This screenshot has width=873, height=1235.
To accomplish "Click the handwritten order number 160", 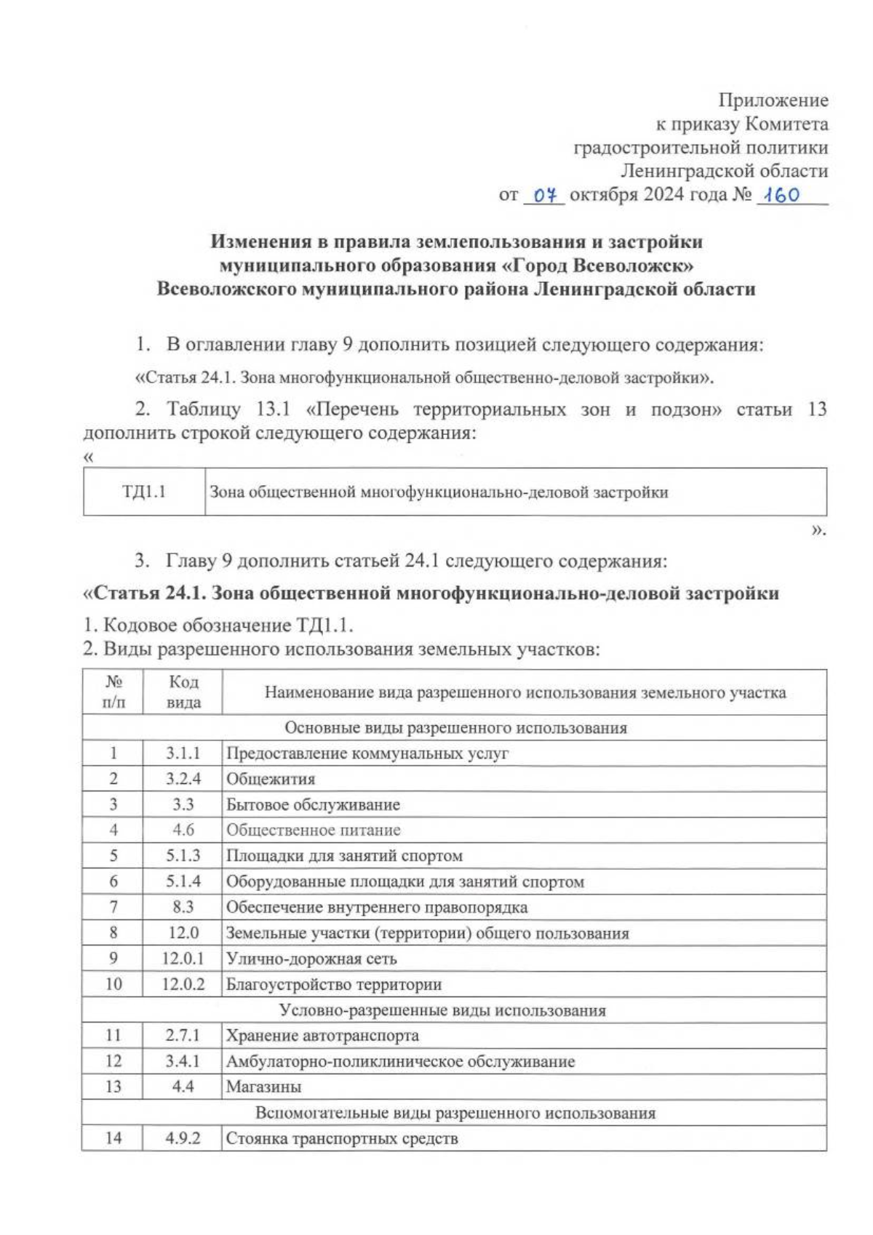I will [781, 195].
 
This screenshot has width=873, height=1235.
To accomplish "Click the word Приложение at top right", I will [773, 100].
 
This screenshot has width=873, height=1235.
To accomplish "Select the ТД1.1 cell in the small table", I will [144, 492].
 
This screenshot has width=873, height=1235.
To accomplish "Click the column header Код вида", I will [183, 692].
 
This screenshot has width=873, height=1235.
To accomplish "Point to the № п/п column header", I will [113, 692].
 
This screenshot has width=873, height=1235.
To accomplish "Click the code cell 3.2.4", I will [183, 779].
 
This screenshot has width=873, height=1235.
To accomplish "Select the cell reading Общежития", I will [271, 779].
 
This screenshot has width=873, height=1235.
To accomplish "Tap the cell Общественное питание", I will [313, 830].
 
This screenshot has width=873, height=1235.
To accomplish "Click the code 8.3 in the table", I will [183, 907].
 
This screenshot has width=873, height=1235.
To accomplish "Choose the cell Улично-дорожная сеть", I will [311, 959].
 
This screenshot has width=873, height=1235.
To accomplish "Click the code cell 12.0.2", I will [183, 984].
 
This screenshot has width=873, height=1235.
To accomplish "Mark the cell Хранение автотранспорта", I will [322, 1035].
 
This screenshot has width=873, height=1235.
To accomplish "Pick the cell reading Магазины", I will [264, 1087].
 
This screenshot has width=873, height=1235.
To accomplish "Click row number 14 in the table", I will [113, 1138].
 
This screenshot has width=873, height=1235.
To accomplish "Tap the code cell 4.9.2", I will [183, 1138].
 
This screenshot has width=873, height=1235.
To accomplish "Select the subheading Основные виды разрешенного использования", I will [455, 728].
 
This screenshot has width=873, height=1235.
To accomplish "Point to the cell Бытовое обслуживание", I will [313, 804].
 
